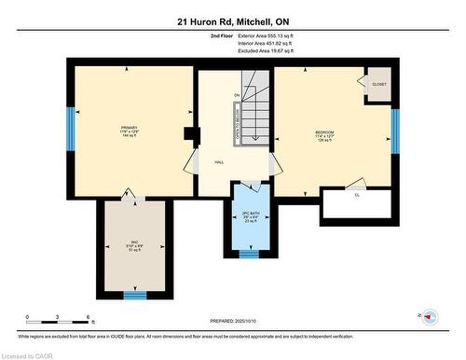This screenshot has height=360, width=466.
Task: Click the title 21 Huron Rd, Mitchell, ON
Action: pyautogui.click(x=232, y=21)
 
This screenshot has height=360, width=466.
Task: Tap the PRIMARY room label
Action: pyautogui.click(x=129, y=128)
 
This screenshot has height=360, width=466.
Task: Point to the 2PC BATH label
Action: pyautogui.click(x=248, y=217)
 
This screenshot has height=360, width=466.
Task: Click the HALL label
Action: pyautogui.click(x=218, y=161)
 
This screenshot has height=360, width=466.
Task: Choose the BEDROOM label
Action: pyautogui.click(x=326, y=133)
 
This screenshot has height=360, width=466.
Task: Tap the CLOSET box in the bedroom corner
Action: pyautogui.click(x=378, y=84)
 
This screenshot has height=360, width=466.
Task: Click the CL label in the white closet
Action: pyautogui.click(x=357, y=195)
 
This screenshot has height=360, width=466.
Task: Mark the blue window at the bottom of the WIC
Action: pyautogui.click(x=136, y=296)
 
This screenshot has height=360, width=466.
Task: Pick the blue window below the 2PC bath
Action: pyautogui.click(x=248, y=253)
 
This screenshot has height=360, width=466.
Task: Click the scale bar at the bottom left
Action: pyautogui.click(x=58, y=322)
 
